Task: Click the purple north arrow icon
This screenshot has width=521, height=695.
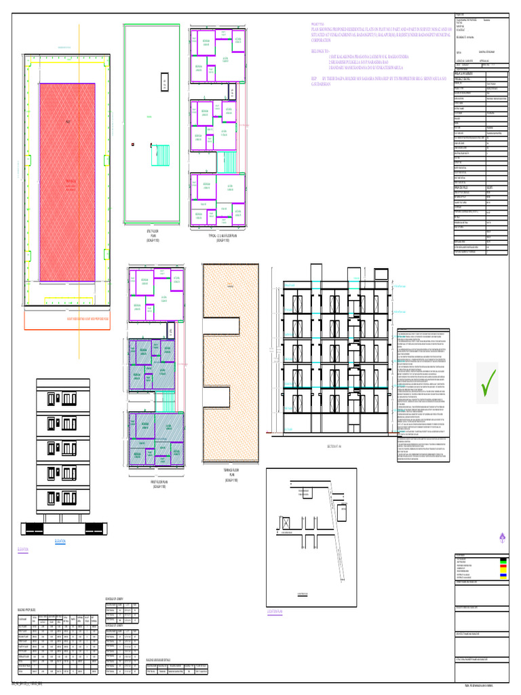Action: pyautogui.click(x=502, y=538)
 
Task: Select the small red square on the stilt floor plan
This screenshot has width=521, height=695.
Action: pyautogui.click(x=134, y=145)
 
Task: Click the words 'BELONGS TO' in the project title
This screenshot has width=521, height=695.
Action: pyautogui.click(x=320, y=50)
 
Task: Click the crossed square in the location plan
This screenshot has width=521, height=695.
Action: pyautogui.click(x=286, y=523)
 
